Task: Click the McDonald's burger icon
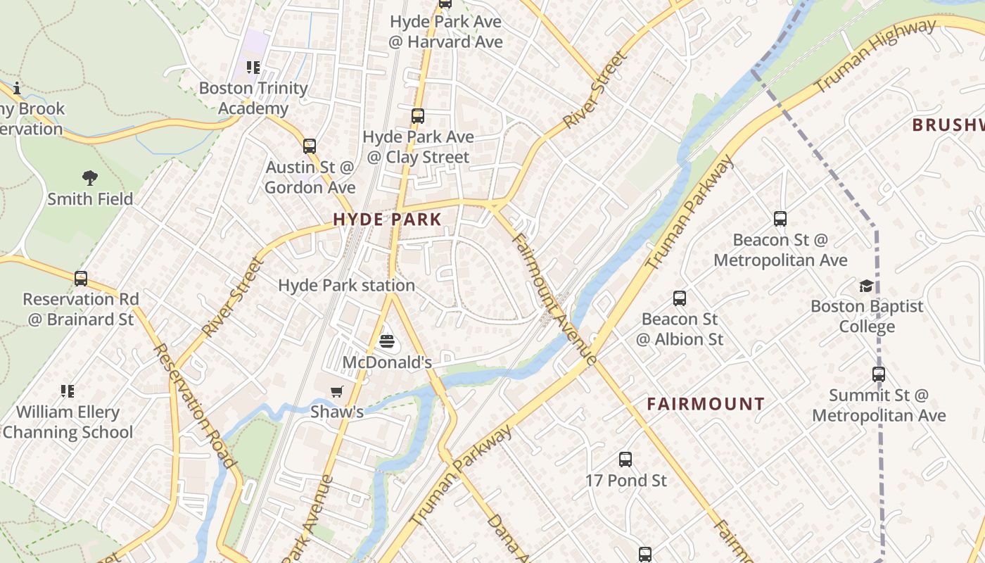click(x=386, y=342)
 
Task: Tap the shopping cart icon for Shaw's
click(x=337, y=391)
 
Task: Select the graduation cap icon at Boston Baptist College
click(x=866, y=286)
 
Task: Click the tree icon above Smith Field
click(x=89, y=178)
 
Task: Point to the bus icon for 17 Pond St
click(x=625, y=460)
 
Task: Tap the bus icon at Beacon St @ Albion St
click(x=679, y=298)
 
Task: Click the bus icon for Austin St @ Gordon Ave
click(x=310, y=146)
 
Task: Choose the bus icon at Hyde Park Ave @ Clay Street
click(x=418, y=116)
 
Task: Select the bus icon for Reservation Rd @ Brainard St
click(x=81, y=279)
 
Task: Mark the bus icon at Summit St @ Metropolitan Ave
click(x=879, y=374)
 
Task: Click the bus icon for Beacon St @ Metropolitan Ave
click(x=780, y=219)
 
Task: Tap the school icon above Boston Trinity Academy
click(x=253, y=68)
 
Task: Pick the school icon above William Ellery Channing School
click(x=68, y=391)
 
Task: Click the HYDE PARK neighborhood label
click(x=387, y=220)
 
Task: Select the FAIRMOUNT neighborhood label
click(x=705, y=404)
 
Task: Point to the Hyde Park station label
click(x=346, y=285)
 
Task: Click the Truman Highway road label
click(x=875, y=56)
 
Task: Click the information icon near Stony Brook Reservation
click(x=17, y=88)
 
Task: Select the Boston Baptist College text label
click(x=867, y=317)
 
